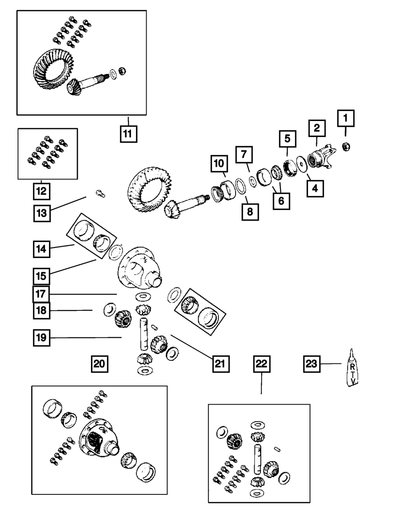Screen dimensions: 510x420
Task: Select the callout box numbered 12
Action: (42, 192)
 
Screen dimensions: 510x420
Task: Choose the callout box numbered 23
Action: (312, 364)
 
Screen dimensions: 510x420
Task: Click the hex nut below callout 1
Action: (347, 147)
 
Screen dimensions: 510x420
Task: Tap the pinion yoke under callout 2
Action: (322, 158)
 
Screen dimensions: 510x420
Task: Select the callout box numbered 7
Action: (244, 155)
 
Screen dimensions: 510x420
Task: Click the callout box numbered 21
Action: (221, 363)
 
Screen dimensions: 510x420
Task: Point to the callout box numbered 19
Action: (42, 337)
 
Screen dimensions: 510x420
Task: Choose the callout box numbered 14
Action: (42, 249)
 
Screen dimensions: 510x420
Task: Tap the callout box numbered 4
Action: (315, 189)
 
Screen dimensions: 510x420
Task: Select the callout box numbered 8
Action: (250, 212)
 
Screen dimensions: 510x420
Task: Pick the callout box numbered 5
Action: (288, 138)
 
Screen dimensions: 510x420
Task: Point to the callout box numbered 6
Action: (281, 200)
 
